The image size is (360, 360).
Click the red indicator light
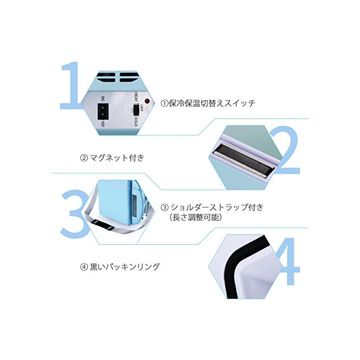[147, 101]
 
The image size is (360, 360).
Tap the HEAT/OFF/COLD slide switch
[136, 110]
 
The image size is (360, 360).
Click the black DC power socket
[103, 112]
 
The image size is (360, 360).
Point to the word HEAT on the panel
[136, 97]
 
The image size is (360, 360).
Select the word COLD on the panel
[136, 122]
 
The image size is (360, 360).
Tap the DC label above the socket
[103, 99]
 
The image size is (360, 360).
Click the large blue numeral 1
[70, 85]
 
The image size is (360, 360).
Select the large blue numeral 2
[285, 150]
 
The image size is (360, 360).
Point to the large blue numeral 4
[287, 261]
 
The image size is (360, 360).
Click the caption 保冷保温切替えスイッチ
[208, 103]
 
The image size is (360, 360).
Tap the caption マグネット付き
[112, 158]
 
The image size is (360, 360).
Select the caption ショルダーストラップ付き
[212, 207]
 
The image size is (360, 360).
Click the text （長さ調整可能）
[195, 217]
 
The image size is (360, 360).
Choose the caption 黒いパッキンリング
[120, 267]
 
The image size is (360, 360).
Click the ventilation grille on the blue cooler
[135, 204]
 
